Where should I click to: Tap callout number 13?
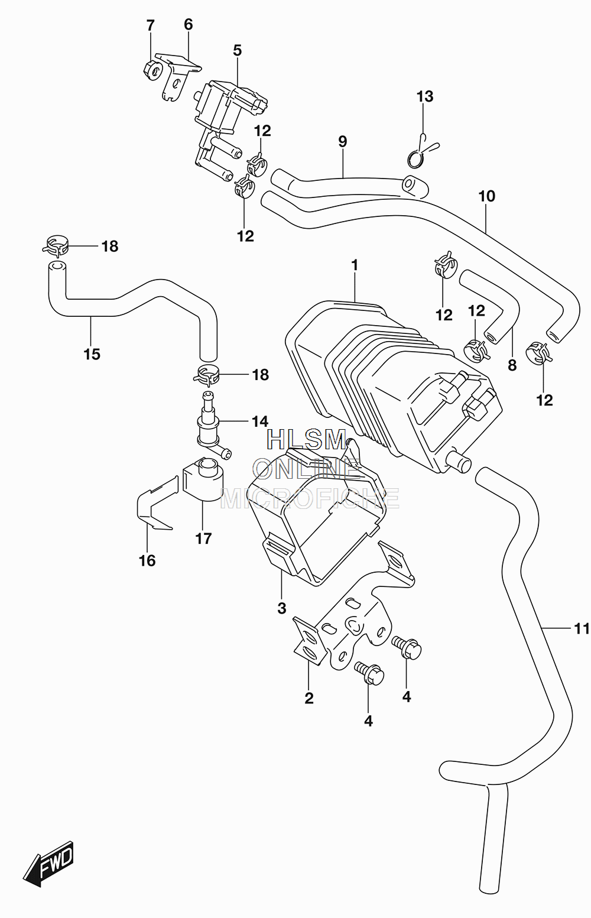pos(424,97)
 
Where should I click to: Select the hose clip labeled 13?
pos(421,152)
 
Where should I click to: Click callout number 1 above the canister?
pos(355,265)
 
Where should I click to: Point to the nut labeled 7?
pos(152,71)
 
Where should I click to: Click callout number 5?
pos(238,50)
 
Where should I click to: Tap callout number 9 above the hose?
pos(343,141)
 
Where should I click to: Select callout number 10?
pos(487,196)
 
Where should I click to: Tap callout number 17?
pos(203,538)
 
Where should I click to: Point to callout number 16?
pos(147,560)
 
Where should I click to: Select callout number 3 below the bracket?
pos(281,608)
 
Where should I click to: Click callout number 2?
pos(309,698)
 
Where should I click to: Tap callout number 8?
pos(512,365)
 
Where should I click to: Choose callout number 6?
pos(188,25)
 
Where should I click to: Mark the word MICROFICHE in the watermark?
pos(310,498)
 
